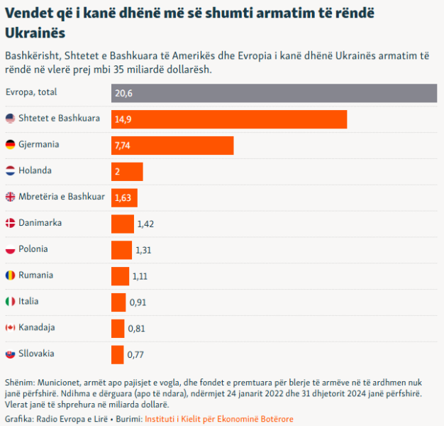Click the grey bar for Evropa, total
pos(274,93)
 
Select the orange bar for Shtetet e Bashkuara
pos(228,119)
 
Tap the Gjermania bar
pos(172,145)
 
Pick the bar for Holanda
pos(127,171)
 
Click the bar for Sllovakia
pos(118,354)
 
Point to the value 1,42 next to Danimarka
pos(145,224)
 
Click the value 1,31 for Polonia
pos(143,250)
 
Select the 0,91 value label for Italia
pos(138,302)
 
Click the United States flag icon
pos(10,119)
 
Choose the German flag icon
pos(10,145)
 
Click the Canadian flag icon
pos(10,327)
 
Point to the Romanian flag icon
pos(10,275)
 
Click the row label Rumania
pos(36,275)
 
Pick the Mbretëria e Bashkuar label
pos(62,197)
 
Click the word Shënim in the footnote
pos(19,382)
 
